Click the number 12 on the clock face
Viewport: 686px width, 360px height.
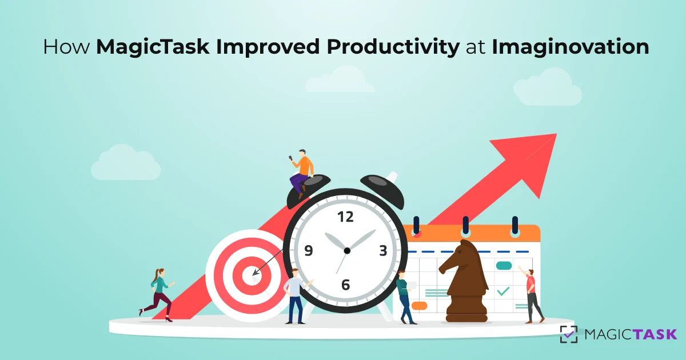(345, 217)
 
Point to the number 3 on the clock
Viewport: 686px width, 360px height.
(383, 251)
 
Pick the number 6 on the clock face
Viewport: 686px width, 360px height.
(345, 284)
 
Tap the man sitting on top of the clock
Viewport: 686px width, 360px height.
(301, 171)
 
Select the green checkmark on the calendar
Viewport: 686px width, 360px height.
(503, 291)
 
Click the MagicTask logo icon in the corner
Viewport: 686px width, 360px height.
(568, 334)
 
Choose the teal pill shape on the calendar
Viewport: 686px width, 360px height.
(504, 265)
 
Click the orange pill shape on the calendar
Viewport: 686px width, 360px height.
(419, 306)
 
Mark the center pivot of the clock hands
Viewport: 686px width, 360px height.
(346, 250)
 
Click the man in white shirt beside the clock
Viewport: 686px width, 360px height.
(296, 294)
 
